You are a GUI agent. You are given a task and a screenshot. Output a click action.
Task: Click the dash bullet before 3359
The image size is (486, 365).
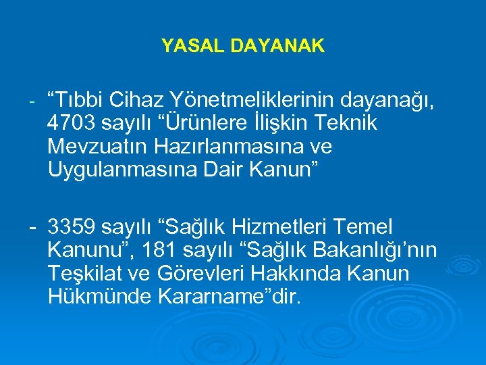(32, 227)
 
